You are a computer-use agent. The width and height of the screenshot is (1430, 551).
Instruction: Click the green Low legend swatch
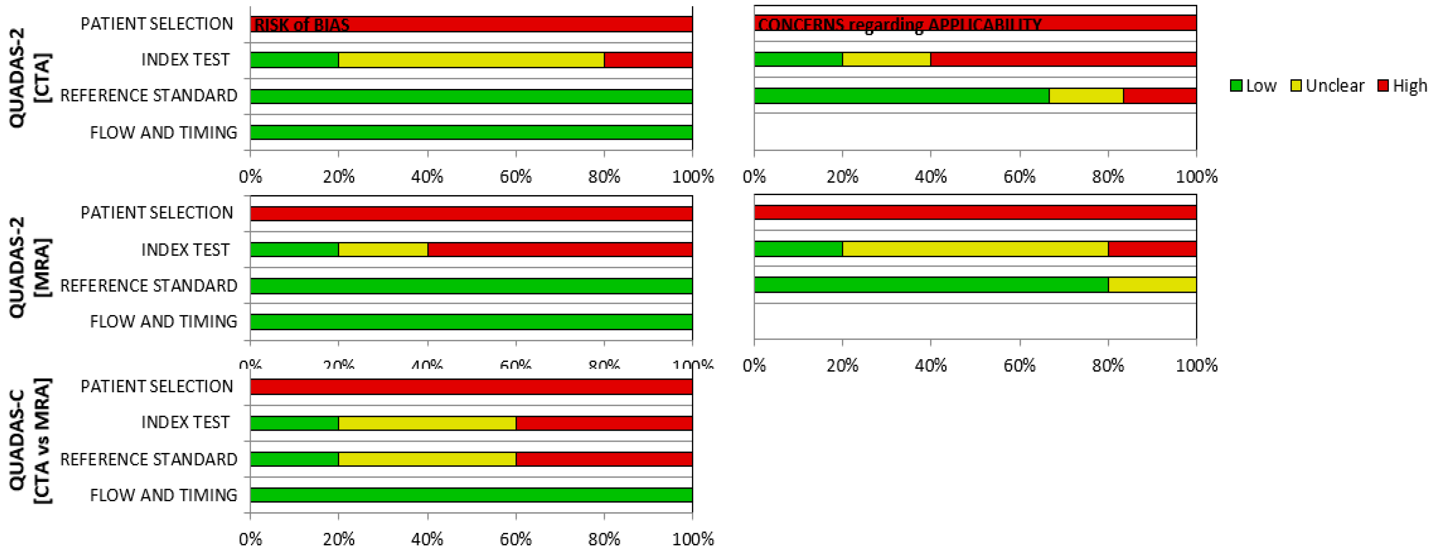click(1236, 86)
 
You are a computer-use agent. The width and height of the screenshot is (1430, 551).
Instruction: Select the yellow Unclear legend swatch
click(1296, 86)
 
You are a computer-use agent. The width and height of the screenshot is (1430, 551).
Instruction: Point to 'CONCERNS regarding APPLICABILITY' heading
click(899, 25)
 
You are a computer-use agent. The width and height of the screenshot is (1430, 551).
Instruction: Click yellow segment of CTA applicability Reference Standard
click(1086, 95)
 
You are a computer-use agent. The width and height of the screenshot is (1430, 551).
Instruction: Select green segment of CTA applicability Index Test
click(798, 59)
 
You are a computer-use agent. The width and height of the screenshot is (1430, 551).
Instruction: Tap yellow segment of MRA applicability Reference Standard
click(1152, 285)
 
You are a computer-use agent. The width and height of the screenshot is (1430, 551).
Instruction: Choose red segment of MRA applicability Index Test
click(1152, 249)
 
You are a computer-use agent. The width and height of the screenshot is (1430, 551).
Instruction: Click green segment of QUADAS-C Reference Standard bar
click(294, 459)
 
